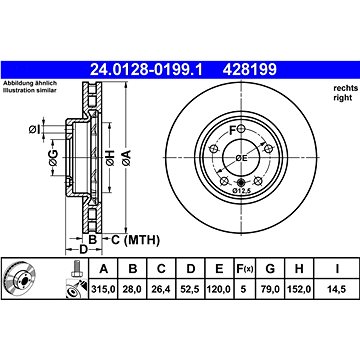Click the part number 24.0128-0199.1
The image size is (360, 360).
tap(146, 70)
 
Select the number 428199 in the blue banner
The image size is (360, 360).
tap(250, 70)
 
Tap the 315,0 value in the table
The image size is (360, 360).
tap(103, 289)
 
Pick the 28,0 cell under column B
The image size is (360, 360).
tap(133, 289)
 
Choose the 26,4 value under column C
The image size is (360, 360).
tap(161, 289)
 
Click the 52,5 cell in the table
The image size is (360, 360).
tap(190, 289)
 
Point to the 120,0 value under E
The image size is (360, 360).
tap(219, 289)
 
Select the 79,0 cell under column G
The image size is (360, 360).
tap(270, 289)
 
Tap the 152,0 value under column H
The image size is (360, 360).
tap(299, 289)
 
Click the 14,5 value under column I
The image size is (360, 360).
tap(337, 289)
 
